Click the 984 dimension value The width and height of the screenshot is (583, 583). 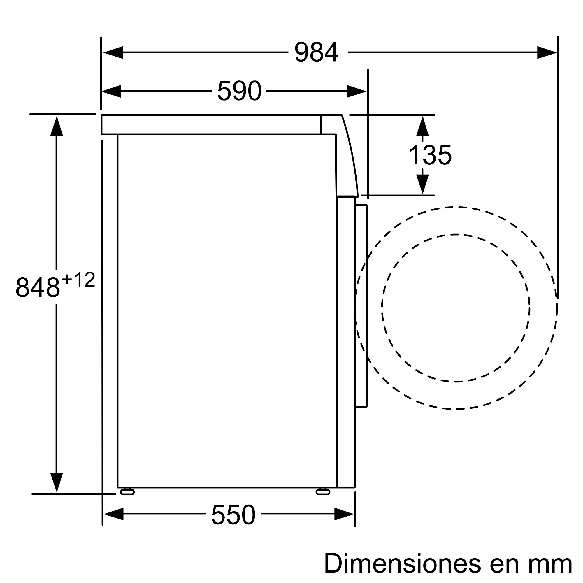pyautogui.click(x=316, y=52)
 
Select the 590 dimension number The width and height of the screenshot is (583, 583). pyautogui.click(x=239, y=91)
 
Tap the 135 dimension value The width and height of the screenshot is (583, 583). pyautogui.click(x=430, y=155)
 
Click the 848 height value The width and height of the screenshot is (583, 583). pyautogui.click(x=38, y=287)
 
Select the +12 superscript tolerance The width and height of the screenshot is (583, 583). pyautogui.click(x=78, y=280)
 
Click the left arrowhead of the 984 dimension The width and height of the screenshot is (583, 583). pyautogui.click(x=113, y=52)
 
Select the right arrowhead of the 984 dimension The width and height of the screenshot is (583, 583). pyautogui.click(x=547, y=52)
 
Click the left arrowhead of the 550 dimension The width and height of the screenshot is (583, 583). pyautogui.click(x=114, y=514)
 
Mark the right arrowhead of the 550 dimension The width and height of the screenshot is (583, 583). pyautogui.click(x=344, y=514)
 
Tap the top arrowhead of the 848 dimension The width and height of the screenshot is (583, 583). pyautogui.click(x=57, y=126)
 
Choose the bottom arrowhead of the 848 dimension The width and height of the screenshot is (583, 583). pyautogui.click(x=57, y=482)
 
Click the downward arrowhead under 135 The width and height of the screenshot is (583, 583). pyautogui.click(x=422, y=184)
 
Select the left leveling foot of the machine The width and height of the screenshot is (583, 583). pyautogui.click(x=127, y=492)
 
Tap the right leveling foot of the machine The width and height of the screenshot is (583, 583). pyautogui.click(x=323, y=492)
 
